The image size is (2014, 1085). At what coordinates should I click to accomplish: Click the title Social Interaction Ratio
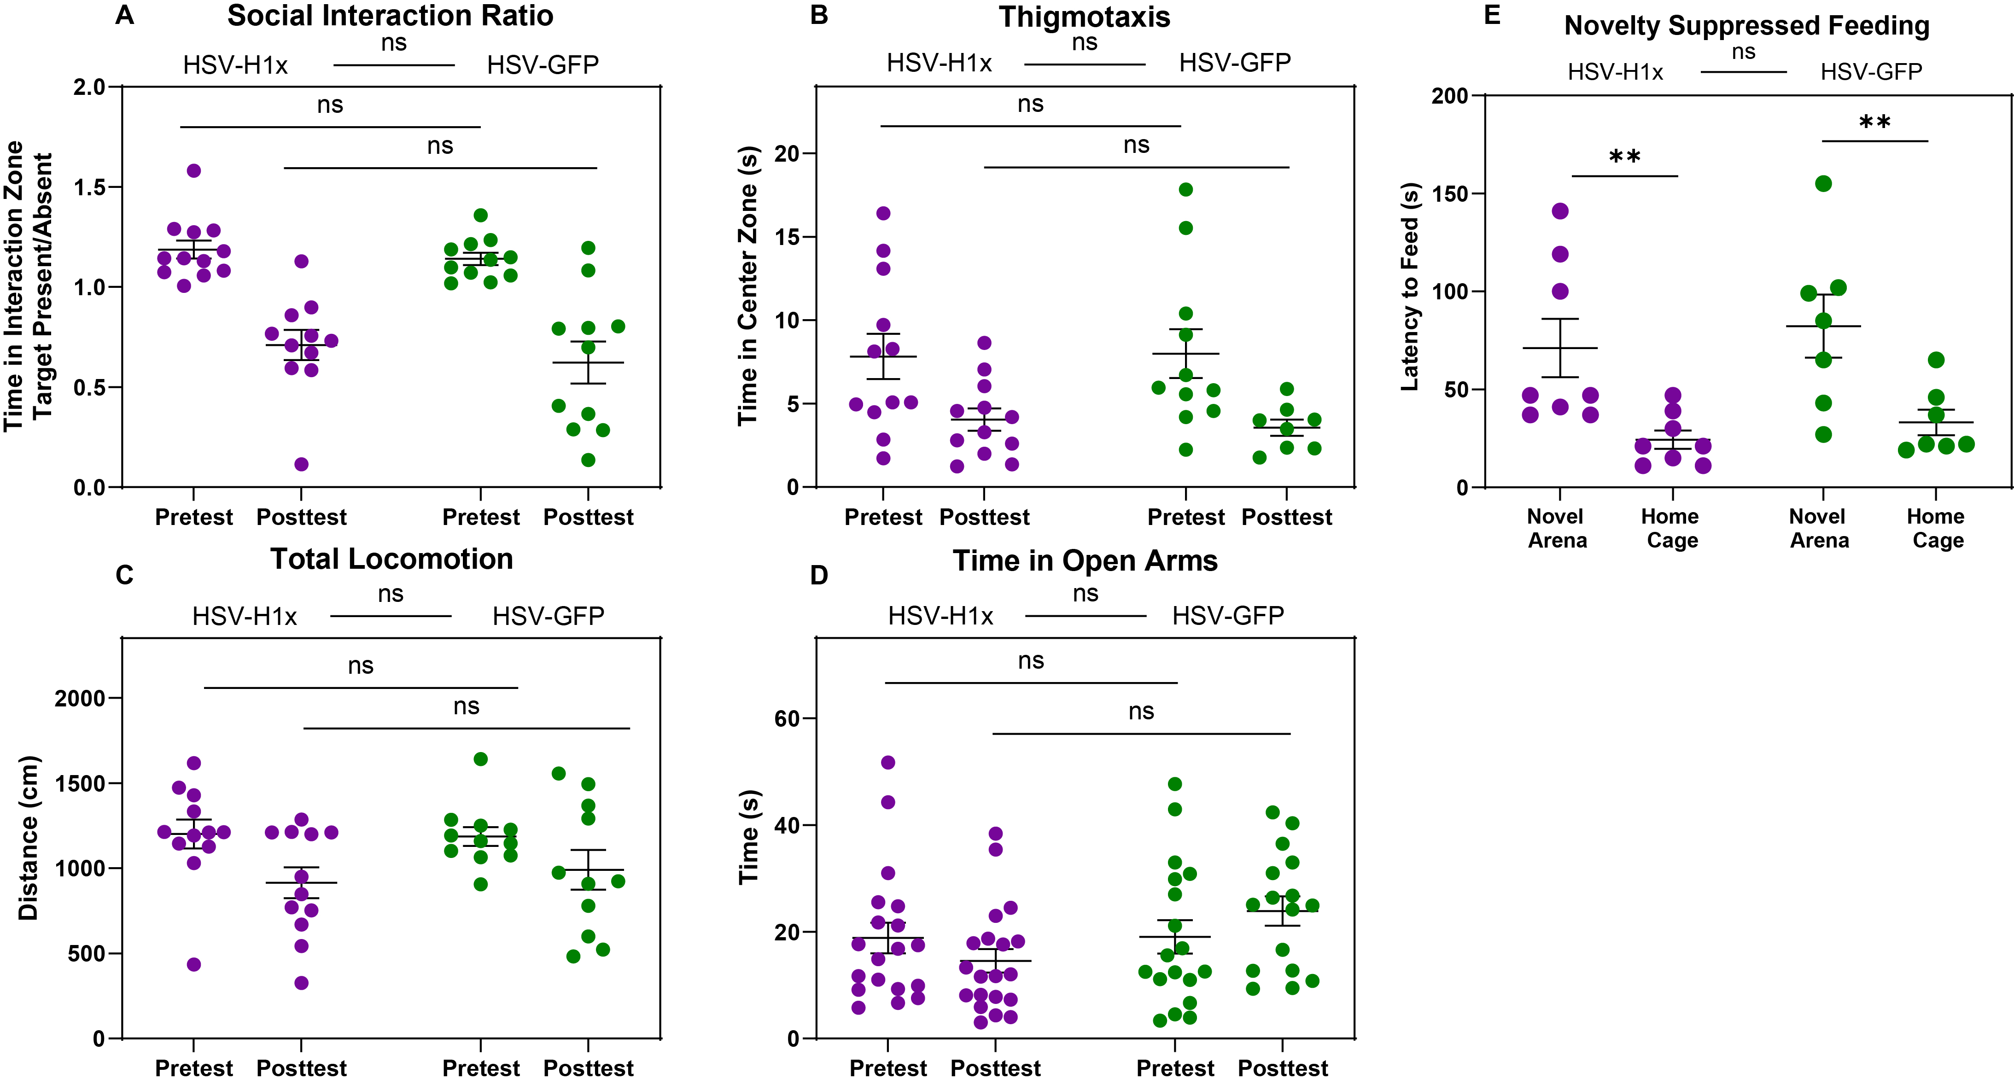click(390, 16)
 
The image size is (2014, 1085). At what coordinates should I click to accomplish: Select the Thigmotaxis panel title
click(1085, 17)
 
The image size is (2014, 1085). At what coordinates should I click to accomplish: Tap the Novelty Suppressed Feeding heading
click(1746, 26)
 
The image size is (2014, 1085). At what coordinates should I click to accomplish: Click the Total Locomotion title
click(391, 559)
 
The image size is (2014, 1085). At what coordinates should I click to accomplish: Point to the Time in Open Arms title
click(1085, 560)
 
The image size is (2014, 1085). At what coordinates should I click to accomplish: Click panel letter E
click(1492, 16)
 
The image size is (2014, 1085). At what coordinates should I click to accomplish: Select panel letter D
click(818, 575)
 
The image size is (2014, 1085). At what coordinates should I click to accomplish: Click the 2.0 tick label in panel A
click(89, 87)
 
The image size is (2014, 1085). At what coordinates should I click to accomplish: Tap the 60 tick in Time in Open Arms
click(787, 718)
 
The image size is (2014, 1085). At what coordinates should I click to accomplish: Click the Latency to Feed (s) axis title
click(1410, 287)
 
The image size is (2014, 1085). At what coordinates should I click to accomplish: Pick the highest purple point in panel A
click(194, 170)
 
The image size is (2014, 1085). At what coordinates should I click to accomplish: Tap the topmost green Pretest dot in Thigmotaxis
click(1186, 189)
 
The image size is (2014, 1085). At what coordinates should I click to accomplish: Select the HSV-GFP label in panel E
click(1871, 72)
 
